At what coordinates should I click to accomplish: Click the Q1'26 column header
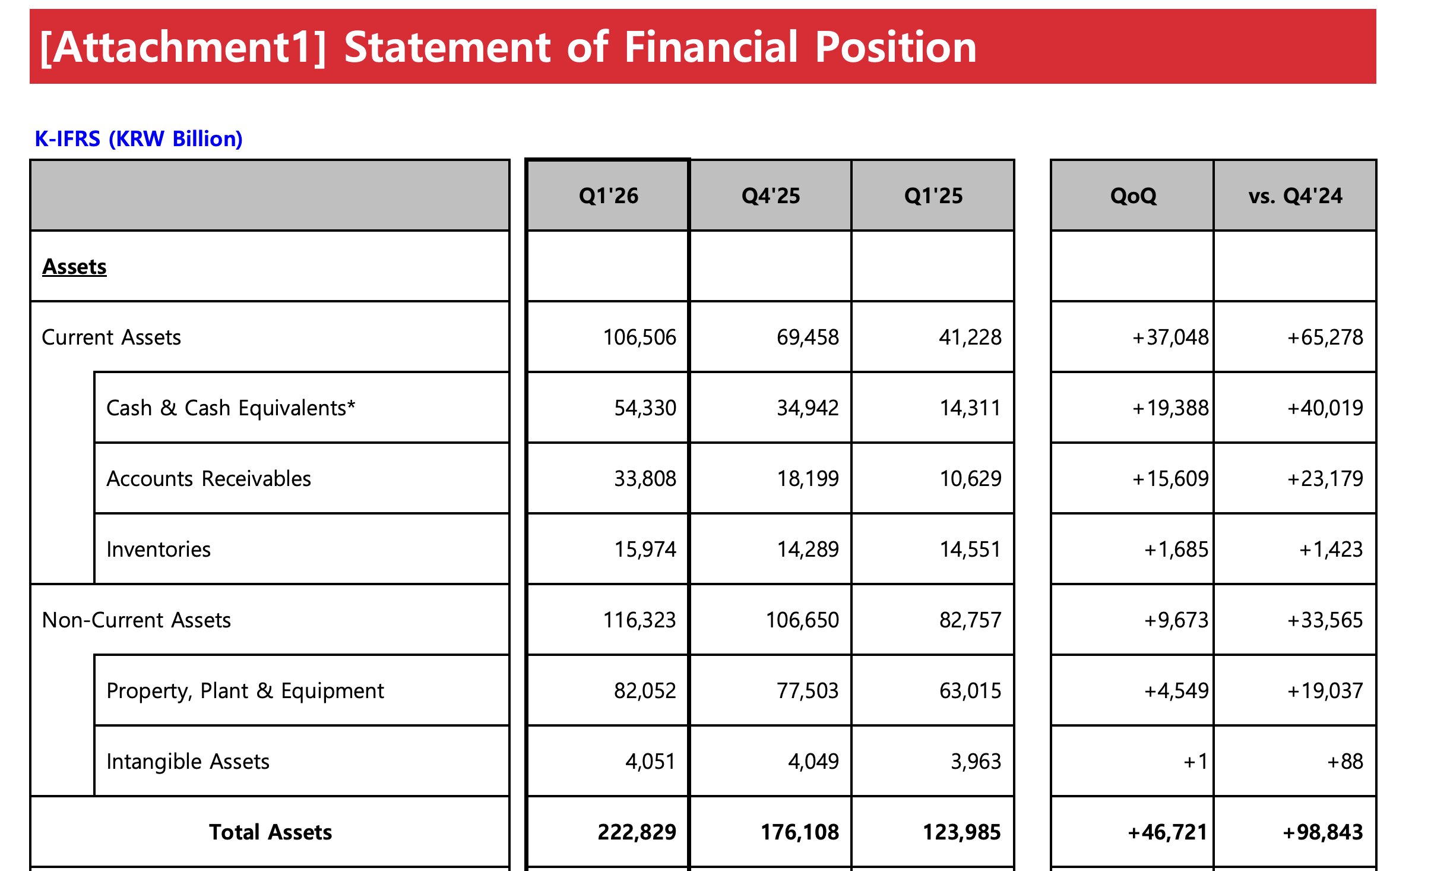point(609,195)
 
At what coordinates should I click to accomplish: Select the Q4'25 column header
point(771,195)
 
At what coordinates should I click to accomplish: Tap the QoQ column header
point(1133,195)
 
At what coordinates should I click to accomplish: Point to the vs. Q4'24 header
point(1295,195)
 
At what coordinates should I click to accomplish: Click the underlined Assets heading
point(74,267)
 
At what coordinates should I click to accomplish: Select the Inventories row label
point(159,549)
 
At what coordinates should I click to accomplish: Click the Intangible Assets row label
point(188,761)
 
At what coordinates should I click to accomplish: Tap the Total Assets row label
point(270,832)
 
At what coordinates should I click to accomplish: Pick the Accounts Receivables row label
point(208,478)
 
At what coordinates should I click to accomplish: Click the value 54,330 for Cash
point(645,408)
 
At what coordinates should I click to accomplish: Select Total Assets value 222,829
point(637,832)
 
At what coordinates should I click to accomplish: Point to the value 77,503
point(808,690)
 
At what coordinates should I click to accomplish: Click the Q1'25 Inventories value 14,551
point(970,549)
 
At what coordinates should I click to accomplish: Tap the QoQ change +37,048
point(1170,337)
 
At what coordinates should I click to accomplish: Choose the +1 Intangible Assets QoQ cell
point(1196,761)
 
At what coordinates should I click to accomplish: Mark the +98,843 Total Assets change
point(1323,832)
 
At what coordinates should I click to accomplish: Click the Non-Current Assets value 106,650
point(802,620)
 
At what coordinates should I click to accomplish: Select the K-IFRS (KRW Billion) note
point(139,138)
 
